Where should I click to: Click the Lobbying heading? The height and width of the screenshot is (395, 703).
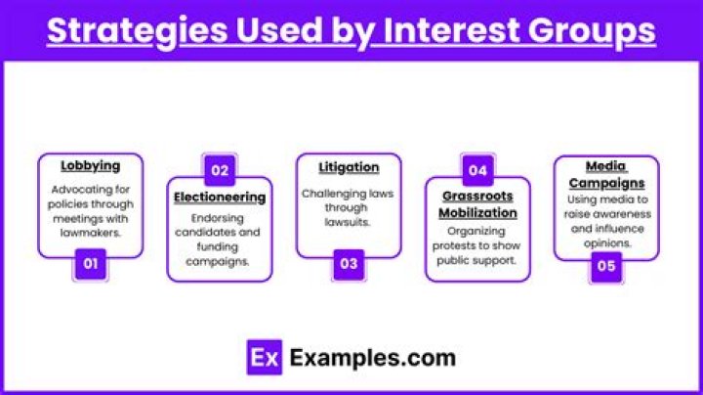tap(90, 166)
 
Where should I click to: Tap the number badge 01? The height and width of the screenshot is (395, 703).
tap(90, 264)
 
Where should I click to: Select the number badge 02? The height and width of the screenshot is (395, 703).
tap(220, 170)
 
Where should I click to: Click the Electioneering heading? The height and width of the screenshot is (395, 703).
tap(220, 197)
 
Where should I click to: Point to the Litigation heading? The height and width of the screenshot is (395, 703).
tap(349, 167)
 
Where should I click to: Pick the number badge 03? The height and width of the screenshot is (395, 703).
tap(349, 264)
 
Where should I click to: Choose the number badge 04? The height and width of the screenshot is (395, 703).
tap(477, 170)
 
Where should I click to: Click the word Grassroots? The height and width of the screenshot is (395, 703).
tap(477, 196)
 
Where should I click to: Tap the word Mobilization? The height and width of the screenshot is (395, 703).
tap(477, 212)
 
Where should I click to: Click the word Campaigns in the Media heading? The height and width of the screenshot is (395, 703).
tap(606, 183)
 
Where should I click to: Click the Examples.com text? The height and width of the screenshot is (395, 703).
tap(371, 358)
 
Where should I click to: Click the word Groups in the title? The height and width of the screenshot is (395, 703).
tap(595, 31)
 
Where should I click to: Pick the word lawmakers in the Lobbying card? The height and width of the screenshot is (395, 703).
tap(90, 233)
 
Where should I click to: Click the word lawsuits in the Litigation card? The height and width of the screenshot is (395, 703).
tap(349, 222)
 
